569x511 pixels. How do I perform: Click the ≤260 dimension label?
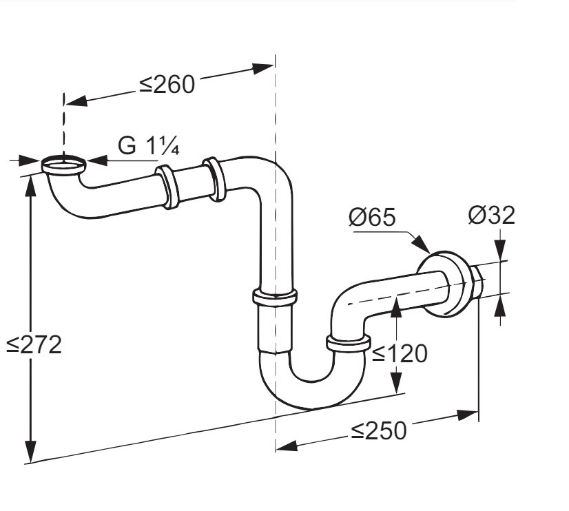pos(167,84)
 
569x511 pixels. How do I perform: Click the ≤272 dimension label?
pos(34,344)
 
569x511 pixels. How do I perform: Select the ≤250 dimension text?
pos(378,430)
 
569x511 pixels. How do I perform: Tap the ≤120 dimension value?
pos(400,353)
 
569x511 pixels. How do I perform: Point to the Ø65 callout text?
pos(372,218)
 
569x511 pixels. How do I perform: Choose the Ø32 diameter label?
pos(491,216)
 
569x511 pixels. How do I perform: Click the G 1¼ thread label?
pos(149,146)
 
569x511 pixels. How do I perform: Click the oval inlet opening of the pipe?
pos(65,165)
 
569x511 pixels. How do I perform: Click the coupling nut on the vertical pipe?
pos(275,298)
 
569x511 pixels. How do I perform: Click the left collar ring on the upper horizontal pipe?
pos(167,186)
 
